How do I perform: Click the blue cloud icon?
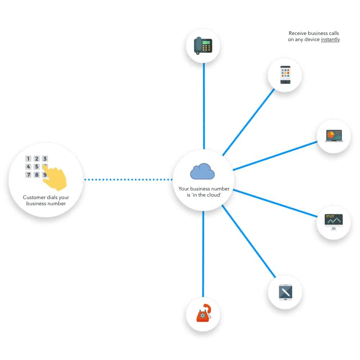(202, 171)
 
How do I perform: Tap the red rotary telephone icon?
(203, 313)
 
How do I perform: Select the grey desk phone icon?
(203, 45)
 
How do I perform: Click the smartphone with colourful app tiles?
(285, 75)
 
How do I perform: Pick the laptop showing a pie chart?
(334, 136)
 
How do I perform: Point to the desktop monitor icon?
(334, 222)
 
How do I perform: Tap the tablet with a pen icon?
(285, 292)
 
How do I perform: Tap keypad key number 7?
(28, 175)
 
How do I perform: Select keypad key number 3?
(45, 159)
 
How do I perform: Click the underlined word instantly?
(330, 40)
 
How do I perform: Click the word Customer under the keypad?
(34, 197)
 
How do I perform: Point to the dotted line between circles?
(128, 179)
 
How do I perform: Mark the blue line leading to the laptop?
(275, 156)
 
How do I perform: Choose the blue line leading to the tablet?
(248, 241)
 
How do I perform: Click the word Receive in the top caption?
(297, 33)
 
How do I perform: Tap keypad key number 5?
(37, 167)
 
